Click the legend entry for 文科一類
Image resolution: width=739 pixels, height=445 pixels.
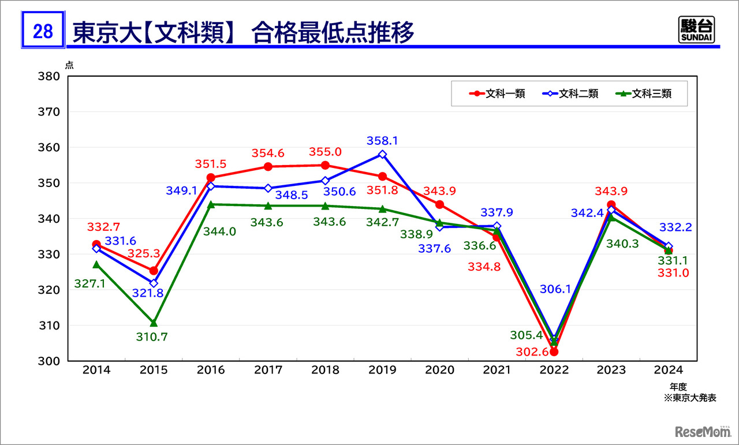tap(496, 94)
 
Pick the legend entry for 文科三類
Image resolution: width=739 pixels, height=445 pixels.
tap(643, 94)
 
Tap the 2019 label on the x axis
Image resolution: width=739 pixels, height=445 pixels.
tap(382, 371)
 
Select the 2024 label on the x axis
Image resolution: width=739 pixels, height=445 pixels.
tap(668, 371)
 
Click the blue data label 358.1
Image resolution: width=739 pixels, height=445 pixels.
tap(382, 141)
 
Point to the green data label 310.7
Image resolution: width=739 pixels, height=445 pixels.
tap(152, 336)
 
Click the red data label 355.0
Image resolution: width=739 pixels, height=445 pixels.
tap(326, 152)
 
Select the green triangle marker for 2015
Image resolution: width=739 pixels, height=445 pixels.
tap(154, 323)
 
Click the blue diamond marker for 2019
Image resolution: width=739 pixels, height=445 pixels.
tap(382, 154)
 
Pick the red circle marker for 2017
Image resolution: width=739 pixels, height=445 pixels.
tap(268, 167)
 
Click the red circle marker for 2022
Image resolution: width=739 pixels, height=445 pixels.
tap(554, 351)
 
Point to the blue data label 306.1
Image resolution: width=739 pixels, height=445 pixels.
tap(555, 289)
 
